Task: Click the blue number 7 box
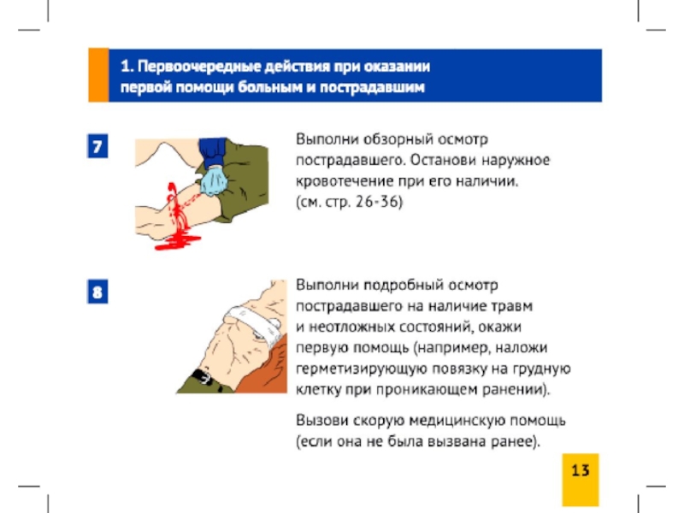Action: tap(97, 146)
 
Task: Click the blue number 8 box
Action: tap(97, 292)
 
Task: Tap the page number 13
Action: tap(581, 470)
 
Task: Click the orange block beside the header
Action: tap(98, 75)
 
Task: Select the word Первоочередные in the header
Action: tap(199, 67)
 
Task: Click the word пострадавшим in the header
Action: tap(372, 87)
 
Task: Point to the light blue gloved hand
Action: tap(214, 181)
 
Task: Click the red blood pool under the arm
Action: tap(178, 242)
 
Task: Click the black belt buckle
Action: tap(202, 377)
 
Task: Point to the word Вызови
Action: tap(322, 420)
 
